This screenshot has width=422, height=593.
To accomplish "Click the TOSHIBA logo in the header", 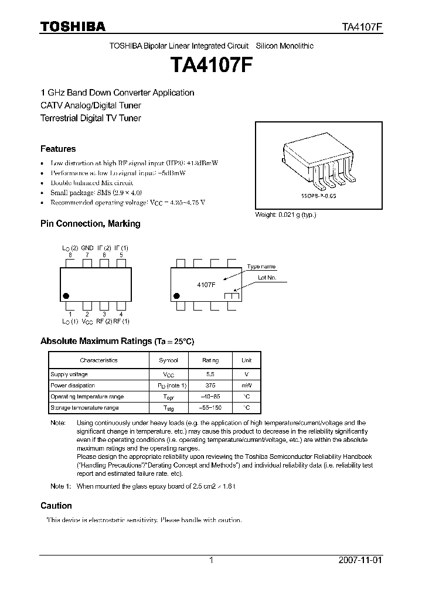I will [x=73, y=26].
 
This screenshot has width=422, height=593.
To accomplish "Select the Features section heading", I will [x=58, y=149].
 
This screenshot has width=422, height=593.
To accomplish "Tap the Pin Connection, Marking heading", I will [x=90, y=223].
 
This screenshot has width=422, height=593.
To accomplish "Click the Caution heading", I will [x=56, y=505].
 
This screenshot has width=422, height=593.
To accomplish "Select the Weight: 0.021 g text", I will [x=285, y=215].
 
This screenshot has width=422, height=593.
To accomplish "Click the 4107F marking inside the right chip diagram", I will [x=206, y=284].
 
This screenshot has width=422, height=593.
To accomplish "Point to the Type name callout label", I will [x=261, y=267].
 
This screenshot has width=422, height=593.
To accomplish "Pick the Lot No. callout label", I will [x=267, y=278].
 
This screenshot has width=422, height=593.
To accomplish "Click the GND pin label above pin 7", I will [x=87, y=248].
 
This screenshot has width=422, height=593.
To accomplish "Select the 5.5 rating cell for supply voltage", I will [x=210, y=374].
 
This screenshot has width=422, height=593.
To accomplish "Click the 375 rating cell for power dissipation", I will [x=210, y=385].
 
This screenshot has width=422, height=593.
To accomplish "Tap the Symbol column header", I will [x=168, y=360].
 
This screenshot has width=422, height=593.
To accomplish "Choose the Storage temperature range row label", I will [x=84, y=407].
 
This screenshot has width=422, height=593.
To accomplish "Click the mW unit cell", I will [x=246, y=385].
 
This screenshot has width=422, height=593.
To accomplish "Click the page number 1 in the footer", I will [x=211, y=560].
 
